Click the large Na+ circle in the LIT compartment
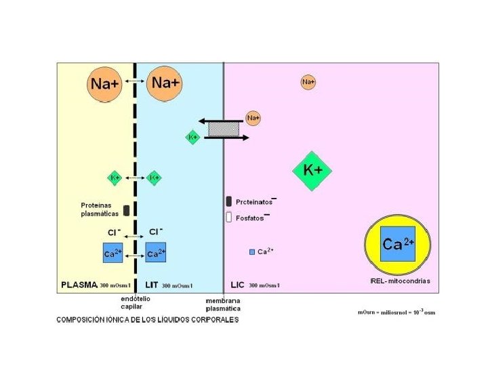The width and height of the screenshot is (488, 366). pyautogui.click(x=165, y=83)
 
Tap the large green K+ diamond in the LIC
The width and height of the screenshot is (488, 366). pyautogui.click(x=312, y=171)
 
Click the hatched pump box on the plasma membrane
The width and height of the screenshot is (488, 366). pyautogui.click(x=224, y=129)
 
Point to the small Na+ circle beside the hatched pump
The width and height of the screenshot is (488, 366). pyautogui.click(x=253, y=119)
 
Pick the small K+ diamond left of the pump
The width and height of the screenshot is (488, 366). pyautogui.click(x=193, y=137)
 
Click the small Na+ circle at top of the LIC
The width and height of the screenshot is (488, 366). pyautogui.click(x=308, y=82)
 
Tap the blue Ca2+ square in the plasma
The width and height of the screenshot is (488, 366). pyautogui.click(x=113, y=254)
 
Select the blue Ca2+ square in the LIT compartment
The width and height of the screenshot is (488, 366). pyautogui.click(x=156, y=254)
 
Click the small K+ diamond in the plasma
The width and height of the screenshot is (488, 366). pyautogui.click(x=115, y=178)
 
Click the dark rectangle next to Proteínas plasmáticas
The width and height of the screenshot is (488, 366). pyautogui.click(x=126, y=209)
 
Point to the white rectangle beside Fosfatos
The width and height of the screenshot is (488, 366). pyautogui.click(x=229, y=218)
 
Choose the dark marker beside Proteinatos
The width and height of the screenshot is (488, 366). pyautogui.click(x=229, y=201)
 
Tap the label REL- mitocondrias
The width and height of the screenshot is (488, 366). pyautogui.click(x=401, y=281)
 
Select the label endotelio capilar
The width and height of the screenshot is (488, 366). pyautogui.click(x=136, y=302)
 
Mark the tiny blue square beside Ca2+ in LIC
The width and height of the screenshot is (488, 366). pyautogui.click(x=252, y=252)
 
